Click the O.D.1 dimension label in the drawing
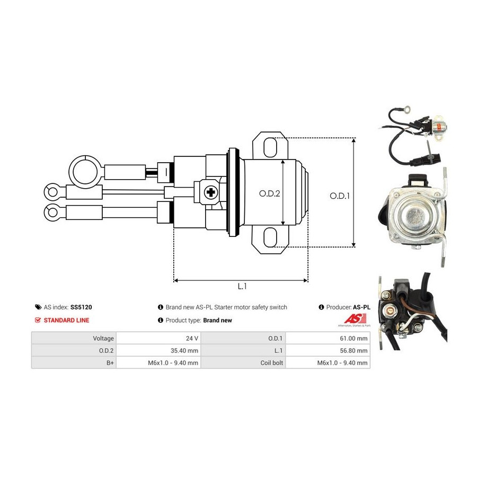[x=340, y=195]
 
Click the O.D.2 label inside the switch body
[x=269, y=193]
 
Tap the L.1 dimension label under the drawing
[x=242, y=287]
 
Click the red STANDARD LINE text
[x=66, y=320]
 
